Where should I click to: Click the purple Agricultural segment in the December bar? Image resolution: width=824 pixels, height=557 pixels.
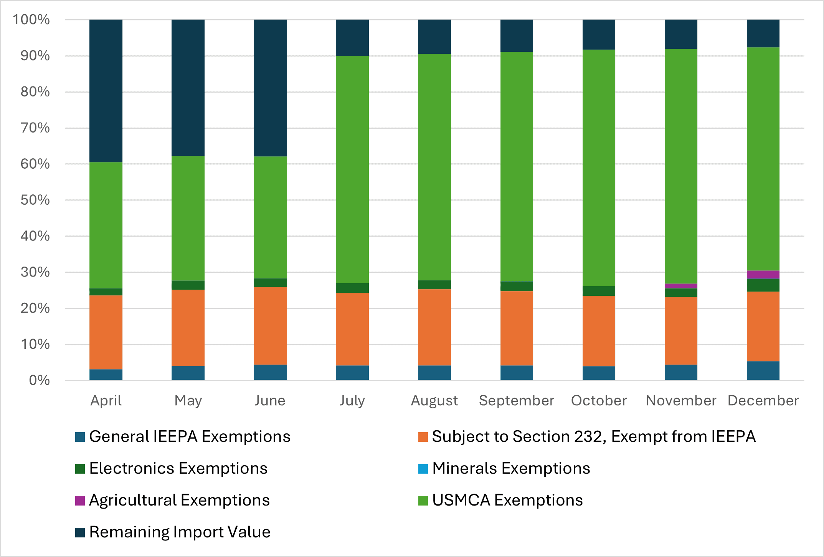click(763, 275)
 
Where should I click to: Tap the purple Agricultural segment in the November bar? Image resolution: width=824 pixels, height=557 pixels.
click(681, 286)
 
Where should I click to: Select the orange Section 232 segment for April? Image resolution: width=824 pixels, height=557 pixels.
click(106, 332)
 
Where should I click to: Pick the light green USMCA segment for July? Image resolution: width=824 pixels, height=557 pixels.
click(352, 169)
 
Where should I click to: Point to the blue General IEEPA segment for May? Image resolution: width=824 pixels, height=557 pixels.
click(188, 373)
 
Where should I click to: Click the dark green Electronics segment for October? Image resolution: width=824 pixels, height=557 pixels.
click(599, 291)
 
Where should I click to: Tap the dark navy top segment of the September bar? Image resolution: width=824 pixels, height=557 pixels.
click(517, 35)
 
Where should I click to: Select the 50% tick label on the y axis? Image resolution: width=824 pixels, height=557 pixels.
click(35, 200)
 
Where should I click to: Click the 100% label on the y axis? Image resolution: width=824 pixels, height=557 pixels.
click(31, 20)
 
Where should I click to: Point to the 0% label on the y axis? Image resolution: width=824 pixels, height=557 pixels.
click(39, 380)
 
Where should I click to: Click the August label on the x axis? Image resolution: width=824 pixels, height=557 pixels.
click(434, 401)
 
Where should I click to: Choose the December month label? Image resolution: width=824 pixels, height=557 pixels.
click(763, 401)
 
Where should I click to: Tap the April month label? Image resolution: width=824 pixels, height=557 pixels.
click(106, 401)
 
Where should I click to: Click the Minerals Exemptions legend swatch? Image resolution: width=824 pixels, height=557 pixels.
click(423, 469)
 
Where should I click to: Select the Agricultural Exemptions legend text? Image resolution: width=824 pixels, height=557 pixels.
click(179, 501)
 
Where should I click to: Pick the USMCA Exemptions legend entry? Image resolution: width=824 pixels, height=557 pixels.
click(507, 501)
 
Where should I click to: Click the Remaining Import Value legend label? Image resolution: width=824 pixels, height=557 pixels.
click(180, 532)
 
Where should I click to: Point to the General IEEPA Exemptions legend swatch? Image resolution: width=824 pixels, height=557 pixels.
click(80, 437)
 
